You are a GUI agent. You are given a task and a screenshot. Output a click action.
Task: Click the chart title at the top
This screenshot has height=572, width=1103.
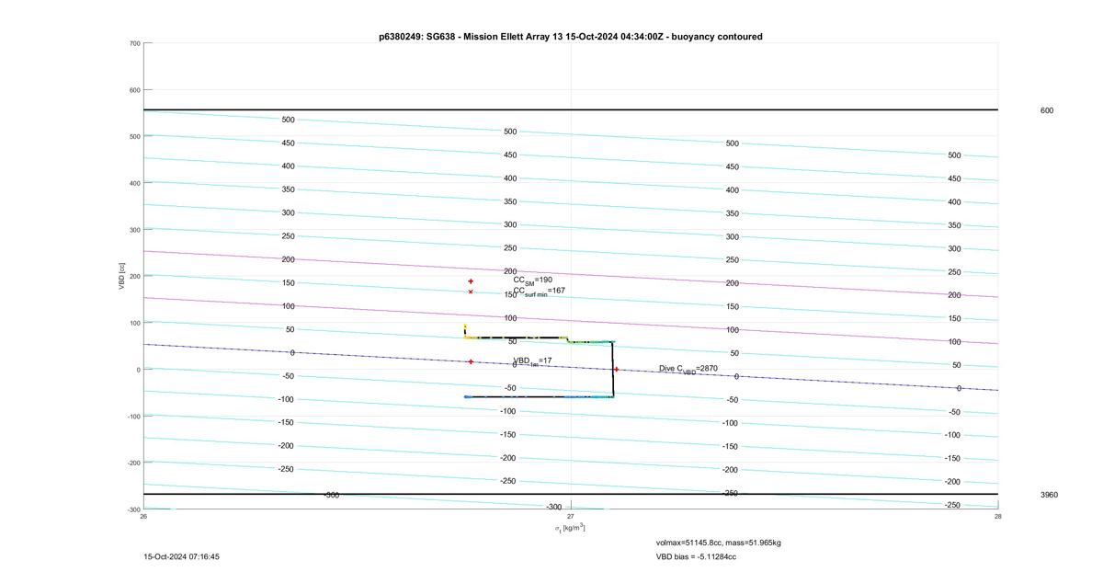(571, 37)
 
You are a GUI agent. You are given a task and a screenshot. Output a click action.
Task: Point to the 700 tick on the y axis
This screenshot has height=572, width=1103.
(135, 43)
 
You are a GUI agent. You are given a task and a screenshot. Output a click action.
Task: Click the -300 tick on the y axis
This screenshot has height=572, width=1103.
(134, 509)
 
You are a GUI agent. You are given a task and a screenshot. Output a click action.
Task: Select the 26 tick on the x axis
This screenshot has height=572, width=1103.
(143, 516)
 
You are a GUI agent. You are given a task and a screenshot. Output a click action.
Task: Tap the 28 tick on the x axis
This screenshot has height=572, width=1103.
(997, 516)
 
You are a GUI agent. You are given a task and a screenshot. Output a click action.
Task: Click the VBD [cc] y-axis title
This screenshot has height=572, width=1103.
(121, 276)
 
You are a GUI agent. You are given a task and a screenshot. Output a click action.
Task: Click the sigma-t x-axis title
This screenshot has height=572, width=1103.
(570, 528)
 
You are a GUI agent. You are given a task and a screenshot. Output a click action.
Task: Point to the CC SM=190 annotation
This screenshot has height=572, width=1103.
(533, 280)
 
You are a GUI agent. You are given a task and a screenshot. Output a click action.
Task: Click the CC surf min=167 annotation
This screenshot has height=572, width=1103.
(540, 292)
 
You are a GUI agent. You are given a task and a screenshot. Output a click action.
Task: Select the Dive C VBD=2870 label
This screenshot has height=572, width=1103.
(688, 369)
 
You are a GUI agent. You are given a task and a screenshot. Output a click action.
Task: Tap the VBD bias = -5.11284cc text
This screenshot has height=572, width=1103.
(696, 556)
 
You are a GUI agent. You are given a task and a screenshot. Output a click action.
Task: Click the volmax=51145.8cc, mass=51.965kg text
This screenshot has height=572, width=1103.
(719, 543)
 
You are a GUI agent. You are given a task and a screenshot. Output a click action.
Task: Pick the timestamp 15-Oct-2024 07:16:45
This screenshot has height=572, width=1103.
(182, 556)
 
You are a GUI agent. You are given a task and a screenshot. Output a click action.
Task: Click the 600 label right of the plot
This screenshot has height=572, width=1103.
(1047, 110)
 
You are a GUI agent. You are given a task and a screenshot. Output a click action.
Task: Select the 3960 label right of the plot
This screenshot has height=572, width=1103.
(1049, 495)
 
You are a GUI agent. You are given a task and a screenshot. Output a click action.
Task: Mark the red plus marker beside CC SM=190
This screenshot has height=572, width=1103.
(471, 281)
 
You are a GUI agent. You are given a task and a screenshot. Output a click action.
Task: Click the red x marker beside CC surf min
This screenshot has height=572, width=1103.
(471, 292)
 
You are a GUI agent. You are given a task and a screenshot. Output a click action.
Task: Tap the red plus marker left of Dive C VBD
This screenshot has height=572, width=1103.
(616, 369)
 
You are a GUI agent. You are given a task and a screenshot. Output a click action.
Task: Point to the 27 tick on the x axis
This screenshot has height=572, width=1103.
(570, 516)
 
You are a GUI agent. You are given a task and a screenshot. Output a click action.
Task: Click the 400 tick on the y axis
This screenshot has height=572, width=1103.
(135, 183)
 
